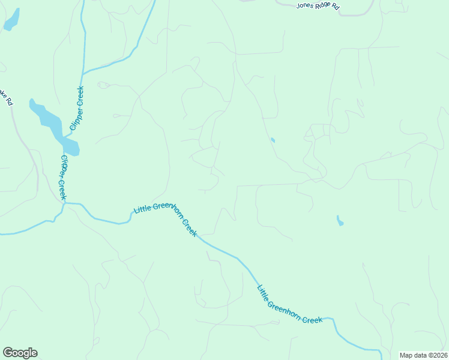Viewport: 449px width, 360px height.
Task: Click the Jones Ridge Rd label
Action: (x=318, y=7)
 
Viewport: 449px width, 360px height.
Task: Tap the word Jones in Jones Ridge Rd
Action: (x=305, y=5)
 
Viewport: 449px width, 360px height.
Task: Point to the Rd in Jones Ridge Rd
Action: (x=336, y=8)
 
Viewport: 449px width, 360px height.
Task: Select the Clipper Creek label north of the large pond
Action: (x=77, y=109)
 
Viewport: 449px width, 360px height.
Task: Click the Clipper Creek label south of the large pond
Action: (x=63, y=178)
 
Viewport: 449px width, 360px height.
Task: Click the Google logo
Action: (x=20, y=353)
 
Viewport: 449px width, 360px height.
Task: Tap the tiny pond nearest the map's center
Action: (x=273, y=140)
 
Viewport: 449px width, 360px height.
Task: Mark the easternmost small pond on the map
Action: (x=340, y=221)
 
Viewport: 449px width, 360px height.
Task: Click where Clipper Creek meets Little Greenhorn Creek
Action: (x=64, y=203)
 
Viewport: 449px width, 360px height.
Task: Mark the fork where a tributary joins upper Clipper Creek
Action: (x=82, y=73)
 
